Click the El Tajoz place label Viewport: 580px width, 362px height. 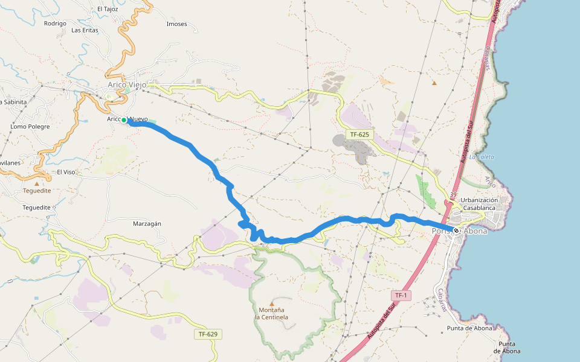(x=108, y=9)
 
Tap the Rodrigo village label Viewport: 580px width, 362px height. (x=55, y=24)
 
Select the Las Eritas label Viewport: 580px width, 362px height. (x=85, y=30)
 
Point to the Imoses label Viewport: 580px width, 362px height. (x=176, y=24)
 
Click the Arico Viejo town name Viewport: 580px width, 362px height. (x=127, y=85)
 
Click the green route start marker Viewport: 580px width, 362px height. (x=124, y=120)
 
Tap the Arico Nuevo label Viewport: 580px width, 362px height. (x=128, y=119)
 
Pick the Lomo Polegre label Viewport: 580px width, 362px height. (x=30, y=127)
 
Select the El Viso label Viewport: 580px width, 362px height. (x=66, y=172)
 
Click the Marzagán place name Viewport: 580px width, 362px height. (x=147, y=223)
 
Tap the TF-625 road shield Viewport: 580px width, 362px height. (x=360, y=134)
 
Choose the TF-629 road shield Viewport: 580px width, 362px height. (x=207, y=334)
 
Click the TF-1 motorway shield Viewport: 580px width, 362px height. (x=401, y=295)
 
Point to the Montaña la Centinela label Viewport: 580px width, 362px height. (x=271, y=314)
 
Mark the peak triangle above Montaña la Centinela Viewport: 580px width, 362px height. (x=271, y=303)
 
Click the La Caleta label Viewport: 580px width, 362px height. (x=482, y=157)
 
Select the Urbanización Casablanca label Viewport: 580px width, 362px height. (x=479, y=204)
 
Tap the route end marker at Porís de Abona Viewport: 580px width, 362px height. (x=456, y=230)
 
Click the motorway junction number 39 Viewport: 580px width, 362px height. (x=453, y=194)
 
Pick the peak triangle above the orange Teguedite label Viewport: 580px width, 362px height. (x=36, y=183)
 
